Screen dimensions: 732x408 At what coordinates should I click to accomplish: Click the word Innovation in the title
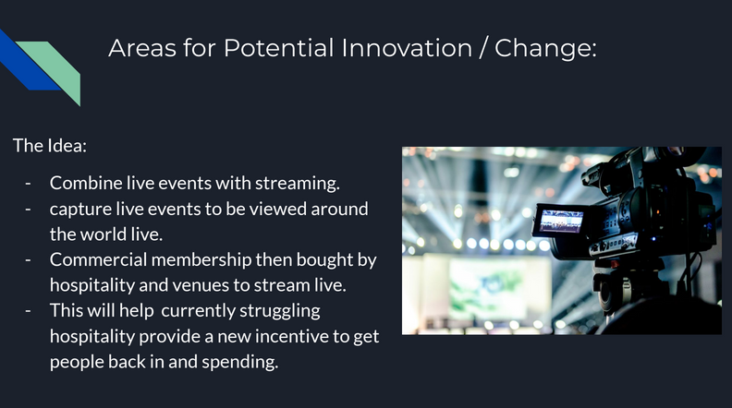tap(407, 48)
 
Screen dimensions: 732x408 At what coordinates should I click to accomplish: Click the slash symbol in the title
tap(483, 48)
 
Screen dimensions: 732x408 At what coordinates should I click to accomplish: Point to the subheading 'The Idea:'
tap(50, 146)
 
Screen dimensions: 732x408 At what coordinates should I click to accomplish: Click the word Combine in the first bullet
tap(86, 183)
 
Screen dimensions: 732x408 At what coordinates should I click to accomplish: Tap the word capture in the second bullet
tap(80, 210)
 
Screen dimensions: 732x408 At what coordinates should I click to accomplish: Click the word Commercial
tap(99, 259)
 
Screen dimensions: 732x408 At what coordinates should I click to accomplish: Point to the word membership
tap(201, 259)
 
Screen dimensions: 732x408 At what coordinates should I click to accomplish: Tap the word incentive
tap(292, 336)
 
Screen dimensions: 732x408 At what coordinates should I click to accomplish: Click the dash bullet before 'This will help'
tap(28, 311)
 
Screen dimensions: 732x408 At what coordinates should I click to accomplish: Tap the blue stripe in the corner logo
tap(26, 61)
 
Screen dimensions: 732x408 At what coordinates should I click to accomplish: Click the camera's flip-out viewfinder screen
tap(560, 221)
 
